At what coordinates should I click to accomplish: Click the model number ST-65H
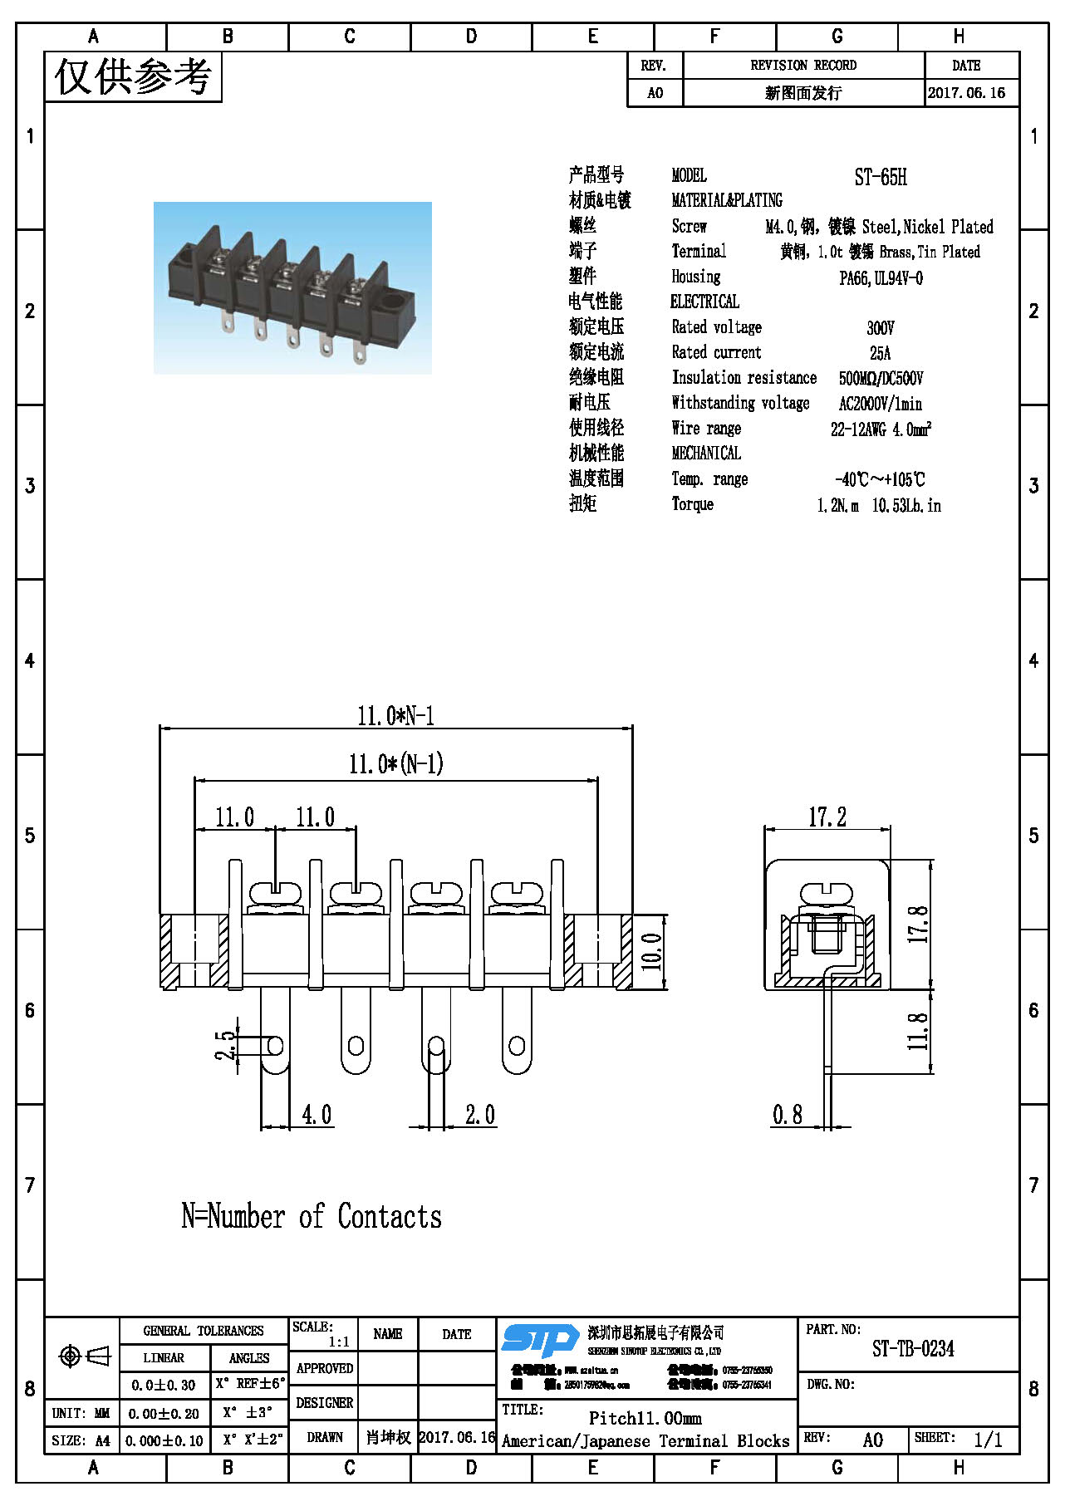[880, 177]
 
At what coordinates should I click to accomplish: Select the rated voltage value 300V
[880, 328]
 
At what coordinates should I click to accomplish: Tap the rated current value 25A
[880, 353]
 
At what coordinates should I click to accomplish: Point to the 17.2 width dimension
[827, 817]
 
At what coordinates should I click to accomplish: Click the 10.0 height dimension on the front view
[653, 952]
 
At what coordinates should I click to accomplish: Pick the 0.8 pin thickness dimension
[787, 1115]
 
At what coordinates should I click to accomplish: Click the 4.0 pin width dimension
[316, 1115]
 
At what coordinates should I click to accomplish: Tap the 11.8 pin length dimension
[917, 1031]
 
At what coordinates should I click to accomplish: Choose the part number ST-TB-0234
[913, 1349]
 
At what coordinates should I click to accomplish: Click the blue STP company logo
[540, 1341]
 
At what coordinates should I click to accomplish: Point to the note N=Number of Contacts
[312, 1217]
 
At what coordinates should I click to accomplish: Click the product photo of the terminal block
[292, 287]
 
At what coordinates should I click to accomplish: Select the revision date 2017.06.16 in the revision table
[966, 93]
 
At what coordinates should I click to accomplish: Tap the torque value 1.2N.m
[837, 506]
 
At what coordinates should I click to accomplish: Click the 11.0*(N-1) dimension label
[395, 764]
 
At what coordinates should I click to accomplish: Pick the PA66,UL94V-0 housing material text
[881, 278]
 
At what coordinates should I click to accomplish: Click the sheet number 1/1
[988, 1440]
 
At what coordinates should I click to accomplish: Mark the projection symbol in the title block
[85, 1356]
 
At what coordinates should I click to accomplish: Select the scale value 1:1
[339, 1342]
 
